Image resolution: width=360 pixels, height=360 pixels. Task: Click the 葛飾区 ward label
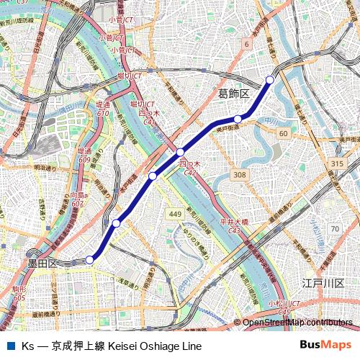(233, 94)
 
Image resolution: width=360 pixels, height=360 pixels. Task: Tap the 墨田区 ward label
(42, 264)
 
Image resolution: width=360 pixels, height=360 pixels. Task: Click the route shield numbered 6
(246, 45)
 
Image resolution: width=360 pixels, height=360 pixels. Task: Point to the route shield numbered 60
(284, 134)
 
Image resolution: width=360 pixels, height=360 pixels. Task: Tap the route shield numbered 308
(240, 175)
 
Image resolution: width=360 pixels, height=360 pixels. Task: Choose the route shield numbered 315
(337, 164)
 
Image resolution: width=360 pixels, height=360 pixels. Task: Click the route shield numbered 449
(175, 214)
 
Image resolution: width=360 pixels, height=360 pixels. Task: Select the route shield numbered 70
(334, 229)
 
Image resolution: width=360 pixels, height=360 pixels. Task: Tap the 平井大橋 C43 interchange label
(233, 225)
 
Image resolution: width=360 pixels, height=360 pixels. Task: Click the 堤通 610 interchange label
(102, 109)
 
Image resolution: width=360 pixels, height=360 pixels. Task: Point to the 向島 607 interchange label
(78, 199)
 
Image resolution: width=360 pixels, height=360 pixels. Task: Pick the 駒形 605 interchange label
(19, 293)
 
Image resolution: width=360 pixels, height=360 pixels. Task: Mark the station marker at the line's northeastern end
(270, 79)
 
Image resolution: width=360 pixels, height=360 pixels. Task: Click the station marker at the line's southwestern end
(90, 260)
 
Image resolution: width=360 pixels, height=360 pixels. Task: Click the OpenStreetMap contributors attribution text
(297, 322)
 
